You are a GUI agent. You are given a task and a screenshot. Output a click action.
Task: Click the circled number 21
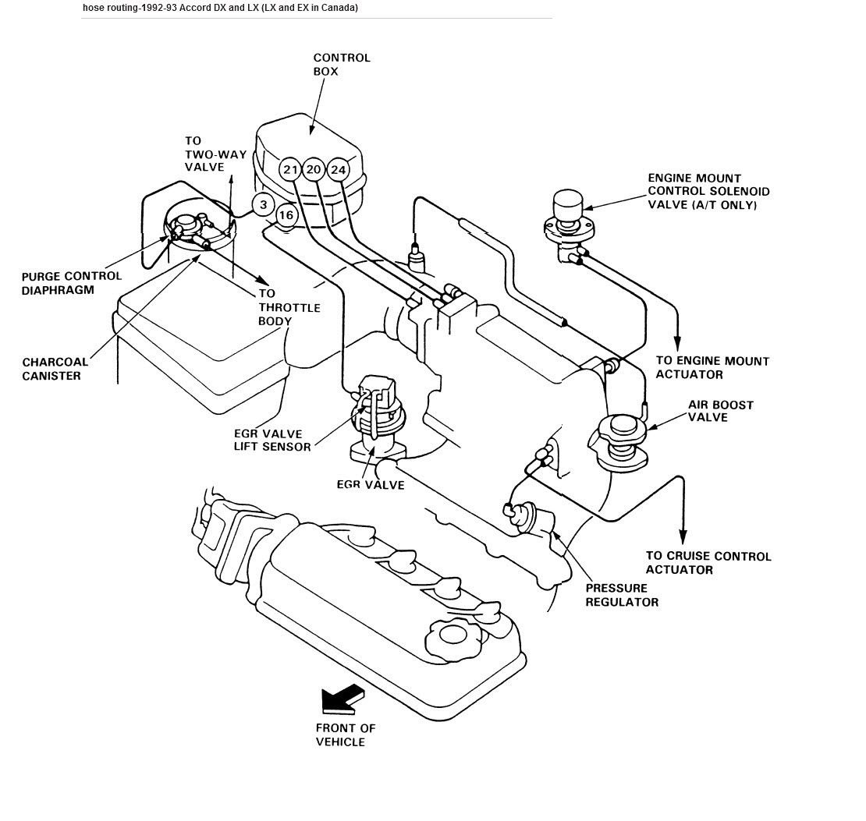click(290, 170)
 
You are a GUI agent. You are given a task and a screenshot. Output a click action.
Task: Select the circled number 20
click(314, 169)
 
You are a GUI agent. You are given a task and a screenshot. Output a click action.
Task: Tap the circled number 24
click(338, 169)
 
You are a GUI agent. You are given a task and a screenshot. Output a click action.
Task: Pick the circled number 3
click(264, 205)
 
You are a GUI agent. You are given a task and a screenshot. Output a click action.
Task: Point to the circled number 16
click(286, 215)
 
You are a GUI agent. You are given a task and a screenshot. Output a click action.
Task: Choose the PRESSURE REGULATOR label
click(622, 595)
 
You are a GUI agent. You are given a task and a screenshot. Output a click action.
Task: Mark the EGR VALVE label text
click(371, 485)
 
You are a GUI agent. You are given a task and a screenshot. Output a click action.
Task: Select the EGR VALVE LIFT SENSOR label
click(272, 440)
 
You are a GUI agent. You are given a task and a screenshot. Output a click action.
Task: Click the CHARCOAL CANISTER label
click(55, 369)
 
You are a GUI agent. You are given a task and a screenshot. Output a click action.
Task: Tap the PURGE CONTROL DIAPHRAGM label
click(71, 283)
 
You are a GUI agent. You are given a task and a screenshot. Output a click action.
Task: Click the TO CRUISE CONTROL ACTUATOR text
click(708, 563)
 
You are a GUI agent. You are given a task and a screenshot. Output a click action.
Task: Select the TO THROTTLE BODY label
click(289, 307)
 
